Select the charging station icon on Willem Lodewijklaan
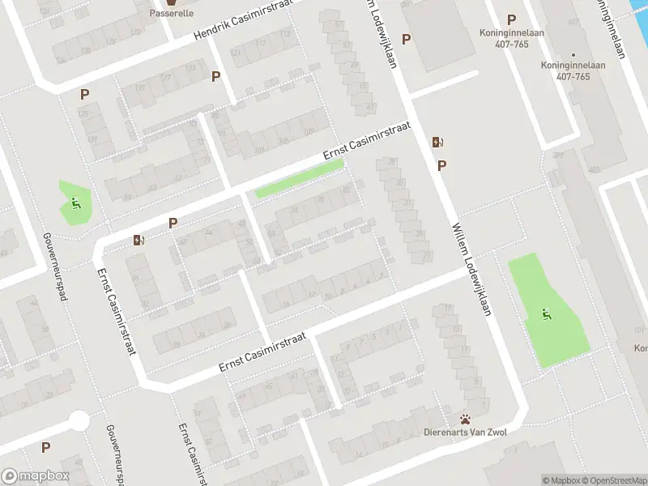438,143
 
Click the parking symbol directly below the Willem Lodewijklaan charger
441,165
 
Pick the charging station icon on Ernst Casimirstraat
138,240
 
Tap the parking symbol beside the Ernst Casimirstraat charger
173,223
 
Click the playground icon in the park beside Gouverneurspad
76,203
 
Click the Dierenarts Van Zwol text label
466,433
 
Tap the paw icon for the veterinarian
466,420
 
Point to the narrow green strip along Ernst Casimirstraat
300,178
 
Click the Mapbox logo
36,476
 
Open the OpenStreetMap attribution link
613,480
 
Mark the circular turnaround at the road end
79,420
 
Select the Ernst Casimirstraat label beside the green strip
366,142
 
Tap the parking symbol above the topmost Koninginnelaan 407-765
511,19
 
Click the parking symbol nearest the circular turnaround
45,447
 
